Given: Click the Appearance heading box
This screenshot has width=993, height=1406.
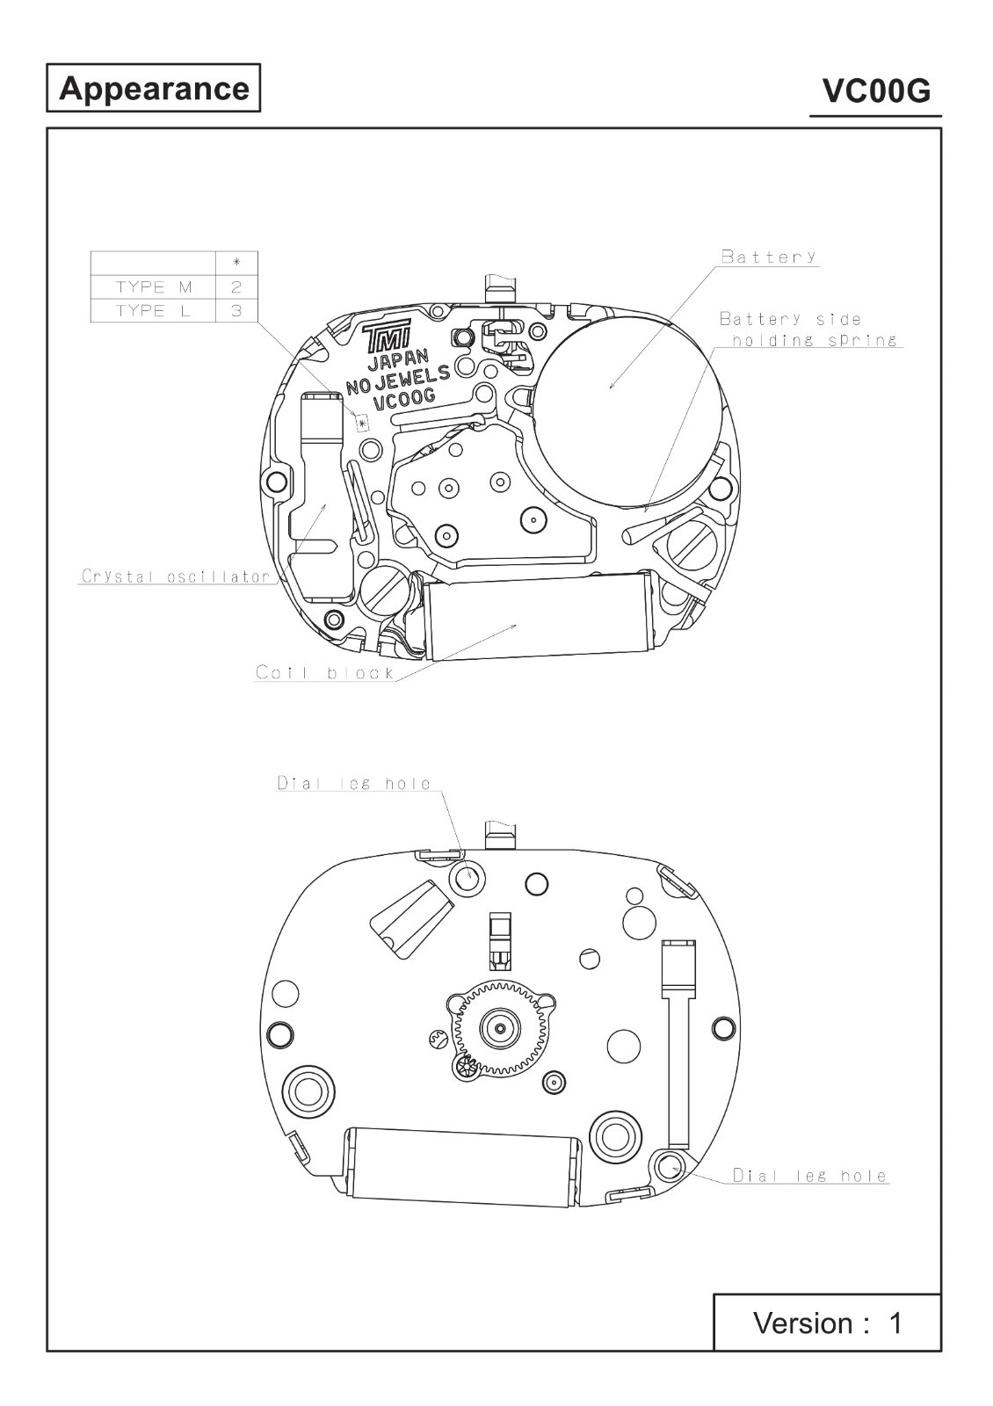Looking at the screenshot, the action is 153,88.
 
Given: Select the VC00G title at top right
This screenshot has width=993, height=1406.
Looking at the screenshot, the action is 876,91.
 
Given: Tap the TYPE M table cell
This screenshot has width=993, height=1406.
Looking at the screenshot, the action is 153,287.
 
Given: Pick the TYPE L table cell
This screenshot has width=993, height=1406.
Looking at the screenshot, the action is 153,311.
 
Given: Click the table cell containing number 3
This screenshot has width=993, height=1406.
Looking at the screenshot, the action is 236,311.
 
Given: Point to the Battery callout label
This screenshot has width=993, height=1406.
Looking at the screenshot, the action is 769,256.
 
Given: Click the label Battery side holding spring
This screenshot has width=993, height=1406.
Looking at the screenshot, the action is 809,330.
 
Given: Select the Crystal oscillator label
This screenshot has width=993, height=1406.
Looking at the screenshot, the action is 177,576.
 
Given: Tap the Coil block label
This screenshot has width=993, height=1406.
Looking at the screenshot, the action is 324,673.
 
